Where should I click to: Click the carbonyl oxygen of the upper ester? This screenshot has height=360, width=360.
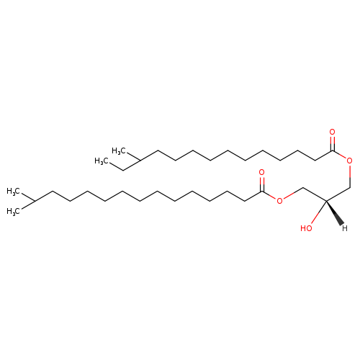pos(332,132)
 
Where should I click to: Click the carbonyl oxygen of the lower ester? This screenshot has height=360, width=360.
pos(261,172)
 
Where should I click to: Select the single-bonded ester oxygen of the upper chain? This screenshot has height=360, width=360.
pos(350,161)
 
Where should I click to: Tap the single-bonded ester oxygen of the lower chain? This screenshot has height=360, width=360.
pos(279,201)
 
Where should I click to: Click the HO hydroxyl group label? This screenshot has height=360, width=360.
pos(306,228)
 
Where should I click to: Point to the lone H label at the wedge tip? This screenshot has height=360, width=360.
pos(345,228)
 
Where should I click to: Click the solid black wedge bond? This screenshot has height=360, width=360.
pos(335,213)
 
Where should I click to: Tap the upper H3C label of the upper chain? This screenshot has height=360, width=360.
pos(119,151)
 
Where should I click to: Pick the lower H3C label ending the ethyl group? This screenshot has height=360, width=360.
pos(102,161)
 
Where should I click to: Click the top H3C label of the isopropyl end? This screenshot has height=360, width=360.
pos(14,192)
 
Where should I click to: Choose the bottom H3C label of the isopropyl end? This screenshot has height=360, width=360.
pos(14,211)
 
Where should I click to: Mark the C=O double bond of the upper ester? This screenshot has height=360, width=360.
pos(333,143)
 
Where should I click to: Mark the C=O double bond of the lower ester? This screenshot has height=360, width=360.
pos(262,184)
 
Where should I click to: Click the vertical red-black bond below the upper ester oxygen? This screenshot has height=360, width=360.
pos(350,176)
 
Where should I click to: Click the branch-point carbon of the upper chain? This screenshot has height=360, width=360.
pos(140,161)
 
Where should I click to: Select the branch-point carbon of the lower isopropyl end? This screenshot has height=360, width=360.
pos(35,201)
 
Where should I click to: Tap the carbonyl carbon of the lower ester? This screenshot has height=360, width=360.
pos(262,191)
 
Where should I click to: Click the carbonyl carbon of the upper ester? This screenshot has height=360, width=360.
pos(333,150)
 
